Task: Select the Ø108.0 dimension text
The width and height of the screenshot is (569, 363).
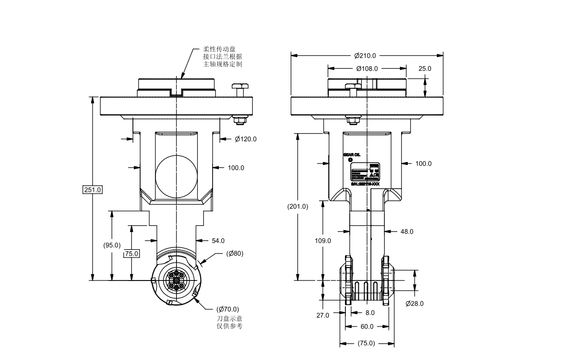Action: (x=367, y=69)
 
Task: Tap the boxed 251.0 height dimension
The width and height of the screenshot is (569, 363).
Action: (x=93, y=190)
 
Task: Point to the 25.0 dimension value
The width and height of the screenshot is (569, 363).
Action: (x=425, y=69)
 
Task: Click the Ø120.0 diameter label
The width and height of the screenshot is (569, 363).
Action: (x=246, y=139)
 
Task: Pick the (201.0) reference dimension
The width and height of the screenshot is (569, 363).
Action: (x=298, y=207)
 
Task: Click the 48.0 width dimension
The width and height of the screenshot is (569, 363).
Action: (x=407, y=232)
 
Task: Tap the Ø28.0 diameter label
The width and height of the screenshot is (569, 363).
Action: (x=415, y=304)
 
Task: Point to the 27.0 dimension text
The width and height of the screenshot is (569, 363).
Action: (x=323, y=315)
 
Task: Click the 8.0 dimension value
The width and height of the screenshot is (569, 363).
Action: (x=370, y=313)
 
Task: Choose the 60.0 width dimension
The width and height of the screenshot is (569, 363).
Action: (x=367, y=327)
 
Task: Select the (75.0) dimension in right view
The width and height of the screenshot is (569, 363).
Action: (x=367, y=343)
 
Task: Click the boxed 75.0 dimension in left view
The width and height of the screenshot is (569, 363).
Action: (x=131, y=253)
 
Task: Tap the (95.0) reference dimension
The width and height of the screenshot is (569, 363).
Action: (x=112, y=245)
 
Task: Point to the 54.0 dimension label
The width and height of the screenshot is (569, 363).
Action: (x=218, y=241)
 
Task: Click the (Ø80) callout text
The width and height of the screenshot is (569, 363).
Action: (x=235, y=254)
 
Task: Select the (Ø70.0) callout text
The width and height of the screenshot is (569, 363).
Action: (x=228, y=309)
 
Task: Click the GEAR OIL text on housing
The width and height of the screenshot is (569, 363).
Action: (x=352, y=154)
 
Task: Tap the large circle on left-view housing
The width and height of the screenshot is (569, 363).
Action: (x=176, y=176)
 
